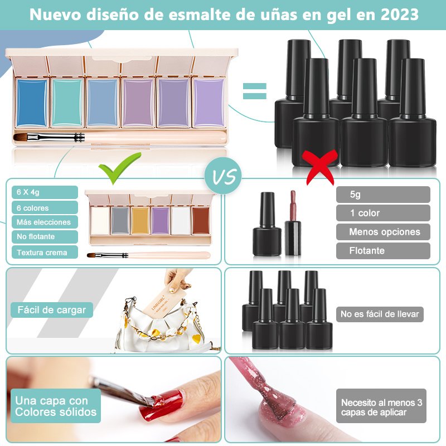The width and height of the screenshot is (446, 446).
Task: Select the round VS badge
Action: click(x=223, y=176)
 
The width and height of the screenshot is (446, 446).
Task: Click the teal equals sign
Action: click(x=255, y=91)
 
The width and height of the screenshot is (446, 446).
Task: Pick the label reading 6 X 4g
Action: click(x=45, y=192)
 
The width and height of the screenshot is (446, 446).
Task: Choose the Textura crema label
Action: click(x=45, y=253)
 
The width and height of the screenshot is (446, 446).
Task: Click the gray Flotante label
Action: click(x=383, y=250)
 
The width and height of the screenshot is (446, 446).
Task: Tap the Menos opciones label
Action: click(x=383, y=232)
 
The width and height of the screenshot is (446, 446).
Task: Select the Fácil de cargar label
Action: click(x=52, y=310)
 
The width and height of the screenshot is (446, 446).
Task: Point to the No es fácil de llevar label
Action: click(x=380, y=314)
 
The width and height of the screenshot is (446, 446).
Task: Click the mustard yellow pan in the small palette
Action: click(x=140, y=221)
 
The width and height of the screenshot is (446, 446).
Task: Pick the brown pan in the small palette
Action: click(x=201, y=221)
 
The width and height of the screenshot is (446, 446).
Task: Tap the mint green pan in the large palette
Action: click(x=67, y=103)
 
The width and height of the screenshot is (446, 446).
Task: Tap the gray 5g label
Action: click(x=383, y=195)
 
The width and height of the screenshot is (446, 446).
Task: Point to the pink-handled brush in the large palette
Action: click(x=120, y=137)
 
